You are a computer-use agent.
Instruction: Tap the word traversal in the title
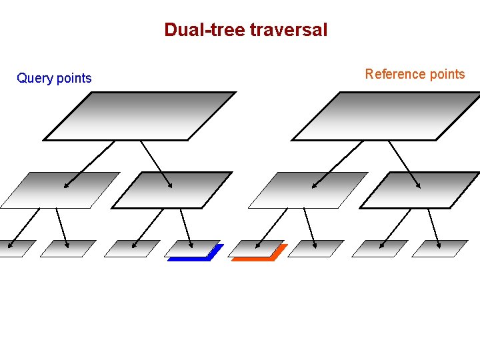point(289,30)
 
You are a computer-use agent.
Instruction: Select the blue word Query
point(35,79)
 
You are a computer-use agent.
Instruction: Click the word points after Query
point(74,79)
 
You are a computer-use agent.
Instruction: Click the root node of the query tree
point(140,116)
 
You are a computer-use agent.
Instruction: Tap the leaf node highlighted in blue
point(193,249)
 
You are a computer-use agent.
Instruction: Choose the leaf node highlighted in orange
point(257,249)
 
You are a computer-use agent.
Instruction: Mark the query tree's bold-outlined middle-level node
point(171,190)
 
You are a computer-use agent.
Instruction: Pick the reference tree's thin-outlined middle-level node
point(307,190)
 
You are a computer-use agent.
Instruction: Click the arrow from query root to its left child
point(89,164)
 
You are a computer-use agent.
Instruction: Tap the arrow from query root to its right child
point(157,164)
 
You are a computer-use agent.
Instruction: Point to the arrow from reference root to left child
point(337,164)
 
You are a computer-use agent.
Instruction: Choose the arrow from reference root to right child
point(405,164)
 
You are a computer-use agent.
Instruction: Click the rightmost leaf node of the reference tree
point(440,249)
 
